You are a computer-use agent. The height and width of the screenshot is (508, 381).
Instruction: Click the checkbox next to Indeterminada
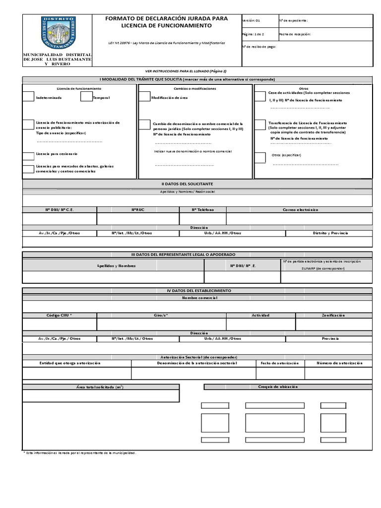point(29,97)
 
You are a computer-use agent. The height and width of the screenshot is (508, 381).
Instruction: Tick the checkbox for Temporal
point(86,97)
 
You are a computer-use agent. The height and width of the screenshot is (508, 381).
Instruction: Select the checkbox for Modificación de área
point(144,97)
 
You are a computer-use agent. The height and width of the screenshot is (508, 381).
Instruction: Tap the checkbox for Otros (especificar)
point(260,157)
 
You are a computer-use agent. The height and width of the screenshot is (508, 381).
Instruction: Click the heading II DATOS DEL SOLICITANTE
point(197,184)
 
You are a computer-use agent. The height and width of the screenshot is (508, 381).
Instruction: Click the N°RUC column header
point(137,210)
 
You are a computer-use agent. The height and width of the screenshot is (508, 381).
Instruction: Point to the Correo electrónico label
point(300,210)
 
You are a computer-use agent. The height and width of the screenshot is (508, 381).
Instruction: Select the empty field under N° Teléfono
point(202,219)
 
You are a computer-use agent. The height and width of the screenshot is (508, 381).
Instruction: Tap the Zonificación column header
point(333,315)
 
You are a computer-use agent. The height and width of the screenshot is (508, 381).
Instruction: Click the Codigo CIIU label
point(60,315)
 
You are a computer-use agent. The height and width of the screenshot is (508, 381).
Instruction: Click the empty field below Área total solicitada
point(101,395)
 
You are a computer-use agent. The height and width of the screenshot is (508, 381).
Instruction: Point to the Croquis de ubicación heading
point(278,386)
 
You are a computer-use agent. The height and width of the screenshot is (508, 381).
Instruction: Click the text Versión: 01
point(251,21)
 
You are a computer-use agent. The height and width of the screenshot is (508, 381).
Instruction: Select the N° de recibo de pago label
point(258,47)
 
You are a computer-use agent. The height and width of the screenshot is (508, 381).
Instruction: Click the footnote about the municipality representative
point(80,452)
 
